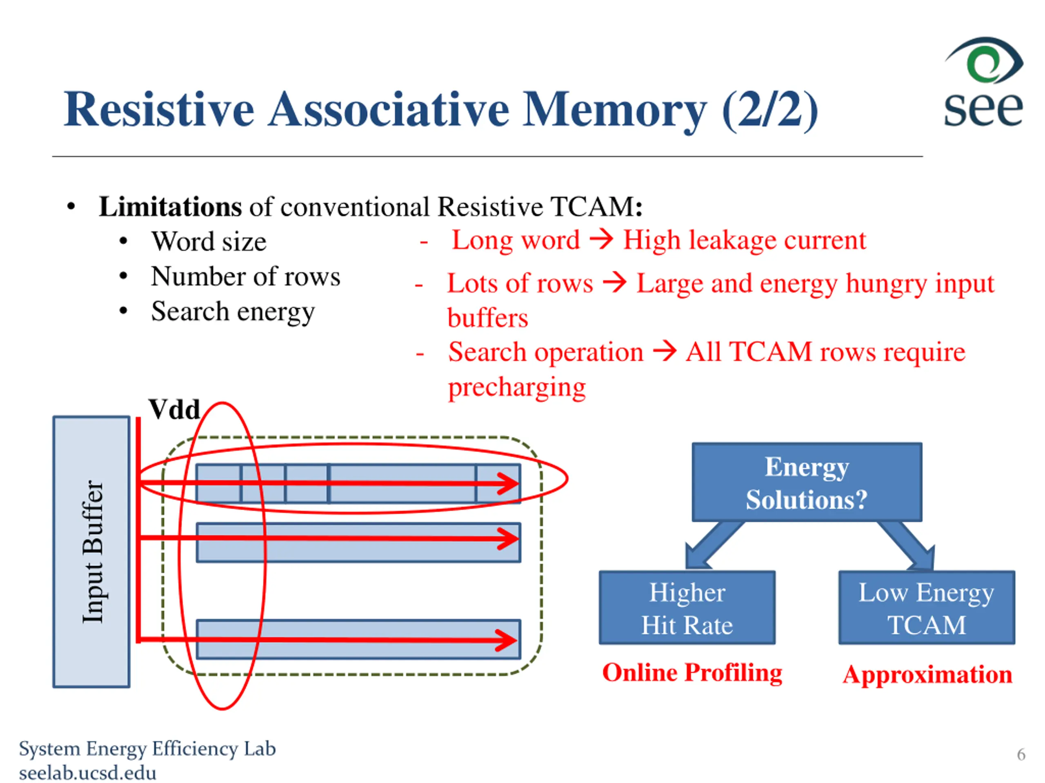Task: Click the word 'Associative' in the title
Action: tap(389, 109)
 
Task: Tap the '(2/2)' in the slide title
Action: tap(770, 111)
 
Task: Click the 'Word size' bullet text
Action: tap(209, 242)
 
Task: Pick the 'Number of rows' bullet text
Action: tap(246, 276)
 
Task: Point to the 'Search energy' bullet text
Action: tap(233, 312)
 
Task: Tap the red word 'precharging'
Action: tap(517, 388)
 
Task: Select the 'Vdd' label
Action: tap(174, 409)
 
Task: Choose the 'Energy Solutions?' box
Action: tap(807, 482)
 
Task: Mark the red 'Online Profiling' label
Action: tap(692, 672)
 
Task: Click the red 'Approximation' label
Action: tap(927, 675)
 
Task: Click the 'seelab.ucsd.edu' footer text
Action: tap(87, 773)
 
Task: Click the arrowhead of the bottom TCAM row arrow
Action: tap(507, 640)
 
